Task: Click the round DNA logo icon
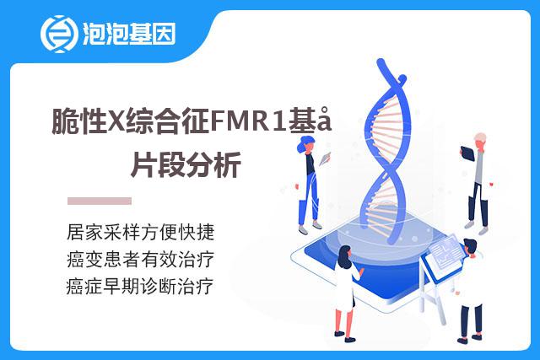tap(58, 34)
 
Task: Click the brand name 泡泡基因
tap(129, 34)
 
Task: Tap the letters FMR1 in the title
tap(248, 121)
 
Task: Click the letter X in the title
tap(116, 121)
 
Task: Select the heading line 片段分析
tap(186, 164)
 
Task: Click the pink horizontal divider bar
tap(100, 201)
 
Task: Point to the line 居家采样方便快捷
tap(141, 232)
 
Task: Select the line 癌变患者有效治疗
tap(141, 259)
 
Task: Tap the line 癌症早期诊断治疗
tap(140, 287)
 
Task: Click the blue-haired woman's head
tap(306, 143)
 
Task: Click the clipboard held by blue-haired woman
tap(325, 159)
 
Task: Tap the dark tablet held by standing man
tap(467, 153)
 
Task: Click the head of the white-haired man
tap(480, 140)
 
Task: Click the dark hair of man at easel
tap(471, 244)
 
